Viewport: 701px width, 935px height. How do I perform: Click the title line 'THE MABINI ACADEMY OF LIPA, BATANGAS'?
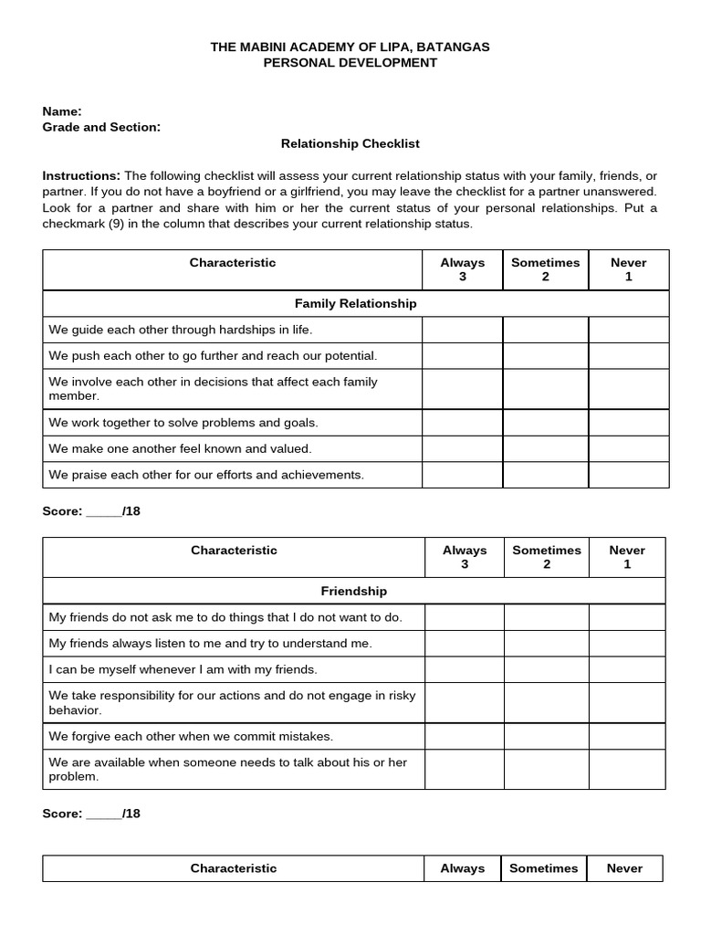coord(350,47)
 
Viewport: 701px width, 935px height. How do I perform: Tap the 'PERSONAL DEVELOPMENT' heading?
coord(350,62)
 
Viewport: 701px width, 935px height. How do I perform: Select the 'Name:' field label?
coord(62,111)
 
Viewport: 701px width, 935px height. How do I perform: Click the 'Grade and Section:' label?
coord(101,127)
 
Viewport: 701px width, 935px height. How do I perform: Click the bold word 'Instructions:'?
coord(81,175)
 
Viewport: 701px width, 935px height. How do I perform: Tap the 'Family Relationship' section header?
coord(355,303)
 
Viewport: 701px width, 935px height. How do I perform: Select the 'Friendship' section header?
coord(354,591)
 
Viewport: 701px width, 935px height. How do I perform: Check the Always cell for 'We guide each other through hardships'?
coord(462,330)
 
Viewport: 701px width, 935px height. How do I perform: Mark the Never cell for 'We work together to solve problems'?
coord(628,423)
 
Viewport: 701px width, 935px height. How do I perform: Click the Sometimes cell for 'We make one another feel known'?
coord(545,448)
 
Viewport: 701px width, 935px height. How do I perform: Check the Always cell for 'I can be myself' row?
coord(464,669)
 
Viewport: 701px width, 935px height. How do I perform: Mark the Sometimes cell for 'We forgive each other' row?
coord(546,736)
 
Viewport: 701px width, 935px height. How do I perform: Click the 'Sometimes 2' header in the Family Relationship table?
coord(545,269)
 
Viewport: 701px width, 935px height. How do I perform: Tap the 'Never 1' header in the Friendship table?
coord(626,557)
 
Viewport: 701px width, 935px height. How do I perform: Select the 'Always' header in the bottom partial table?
coord(462,868)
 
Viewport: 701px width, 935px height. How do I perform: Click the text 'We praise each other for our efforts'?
coord(206,475)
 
